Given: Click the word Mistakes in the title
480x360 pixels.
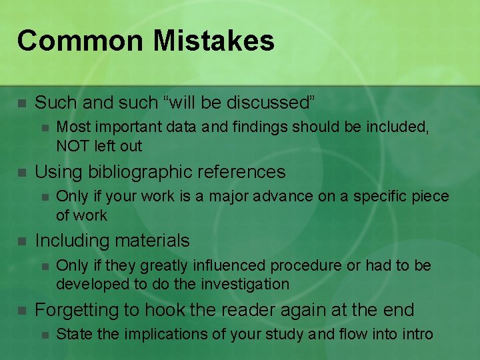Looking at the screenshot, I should click(213, 41).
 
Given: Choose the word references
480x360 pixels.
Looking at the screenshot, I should click(241, 172).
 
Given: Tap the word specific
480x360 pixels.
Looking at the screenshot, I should click(365, 197).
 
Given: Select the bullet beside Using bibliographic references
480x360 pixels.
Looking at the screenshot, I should click(21, 173).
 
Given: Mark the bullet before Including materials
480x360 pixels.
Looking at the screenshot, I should click(21, 241).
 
